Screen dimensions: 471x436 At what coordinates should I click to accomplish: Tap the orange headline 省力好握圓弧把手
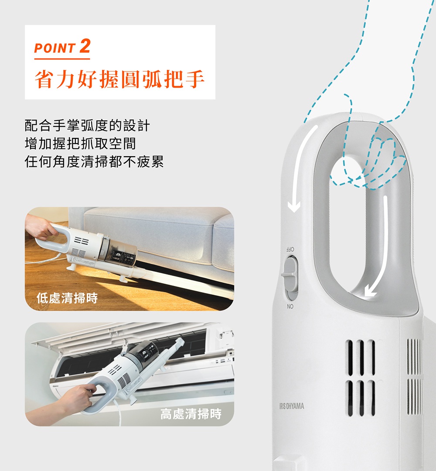[x=119, y=79]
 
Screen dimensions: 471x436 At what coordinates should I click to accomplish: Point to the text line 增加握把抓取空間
[x=80, y=144]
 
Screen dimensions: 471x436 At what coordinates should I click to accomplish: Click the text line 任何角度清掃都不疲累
[x=94, y=162]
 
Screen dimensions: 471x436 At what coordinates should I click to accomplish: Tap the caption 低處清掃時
[x=67, y=298]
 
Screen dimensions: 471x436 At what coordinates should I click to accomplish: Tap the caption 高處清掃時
[x=191, y=413]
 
